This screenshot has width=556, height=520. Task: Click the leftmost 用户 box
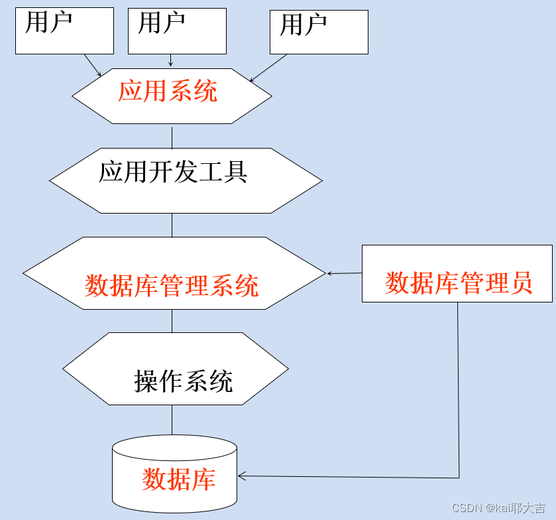coord(64,31)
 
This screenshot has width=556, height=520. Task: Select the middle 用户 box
coord(177,31)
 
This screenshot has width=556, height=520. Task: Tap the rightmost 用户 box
coord(319,32)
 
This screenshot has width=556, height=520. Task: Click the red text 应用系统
coord(168,92)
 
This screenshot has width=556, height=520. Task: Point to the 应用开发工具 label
coord(173,172)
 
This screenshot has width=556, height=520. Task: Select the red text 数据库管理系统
coord(172,286)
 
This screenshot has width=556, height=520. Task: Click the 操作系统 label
coord(184,381)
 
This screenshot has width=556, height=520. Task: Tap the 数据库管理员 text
coord(459,283)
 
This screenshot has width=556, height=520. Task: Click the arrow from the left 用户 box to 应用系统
coord(93,65)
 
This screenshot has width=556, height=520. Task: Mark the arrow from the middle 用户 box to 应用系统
coord(171,60)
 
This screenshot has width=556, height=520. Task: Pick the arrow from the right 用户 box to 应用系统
coord(269,68)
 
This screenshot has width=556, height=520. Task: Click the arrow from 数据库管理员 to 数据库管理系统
coord(344,273)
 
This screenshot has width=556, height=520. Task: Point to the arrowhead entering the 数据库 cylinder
coord(241,476)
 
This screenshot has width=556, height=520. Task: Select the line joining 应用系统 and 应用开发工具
coord(172,136)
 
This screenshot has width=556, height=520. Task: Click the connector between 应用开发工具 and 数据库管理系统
coord(172,225)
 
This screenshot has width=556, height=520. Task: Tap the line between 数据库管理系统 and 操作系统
coord(172,321)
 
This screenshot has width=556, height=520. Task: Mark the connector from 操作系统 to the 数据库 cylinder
coord(172,420)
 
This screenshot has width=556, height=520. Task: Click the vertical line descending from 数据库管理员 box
coord(458,391)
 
